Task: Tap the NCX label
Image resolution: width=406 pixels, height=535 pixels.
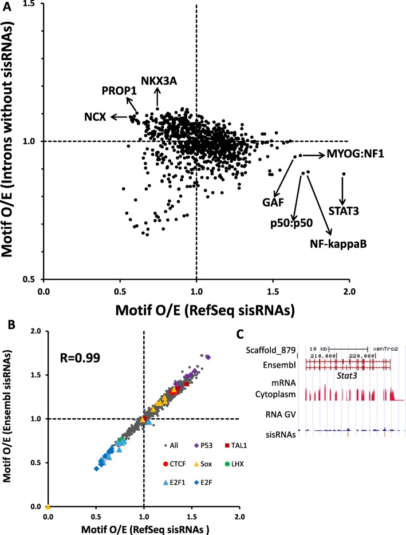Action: [94, 117]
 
